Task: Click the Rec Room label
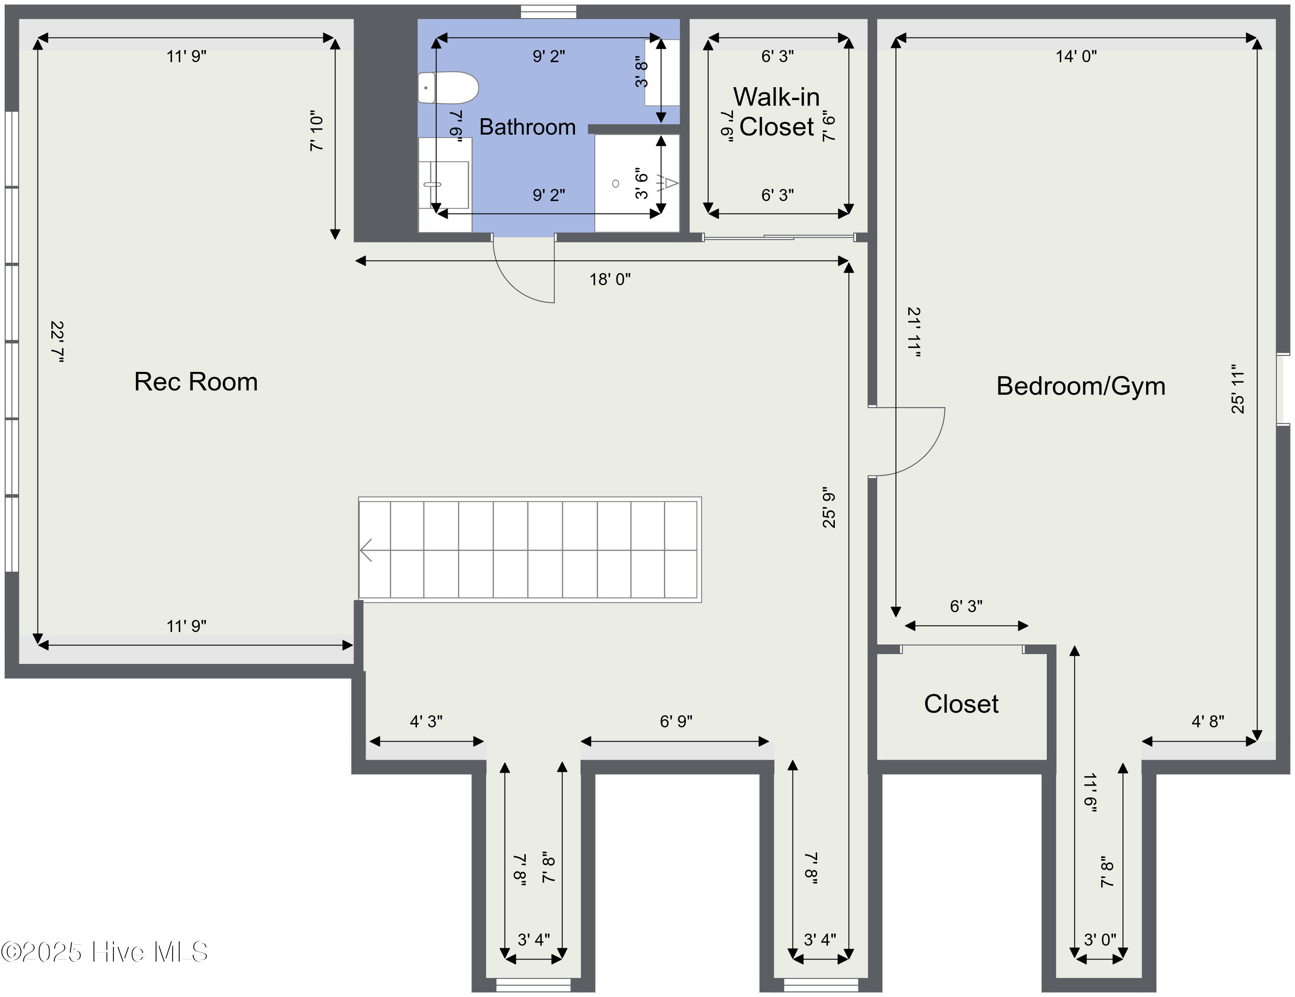196,382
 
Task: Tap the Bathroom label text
527,127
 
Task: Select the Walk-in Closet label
777,112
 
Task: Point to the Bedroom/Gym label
1080,386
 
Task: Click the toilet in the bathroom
448,88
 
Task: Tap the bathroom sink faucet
432,184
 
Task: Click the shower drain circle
616,184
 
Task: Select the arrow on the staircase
366,550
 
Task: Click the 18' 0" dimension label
610,279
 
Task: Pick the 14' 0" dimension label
1076,57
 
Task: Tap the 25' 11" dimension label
1238,389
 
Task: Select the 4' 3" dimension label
426,721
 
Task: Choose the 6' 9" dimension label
676,721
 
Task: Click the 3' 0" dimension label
1100,940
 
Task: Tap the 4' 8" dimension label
1208,721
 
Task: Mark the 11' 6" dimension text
1090,793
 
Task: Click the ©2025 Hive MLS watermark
104,952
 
